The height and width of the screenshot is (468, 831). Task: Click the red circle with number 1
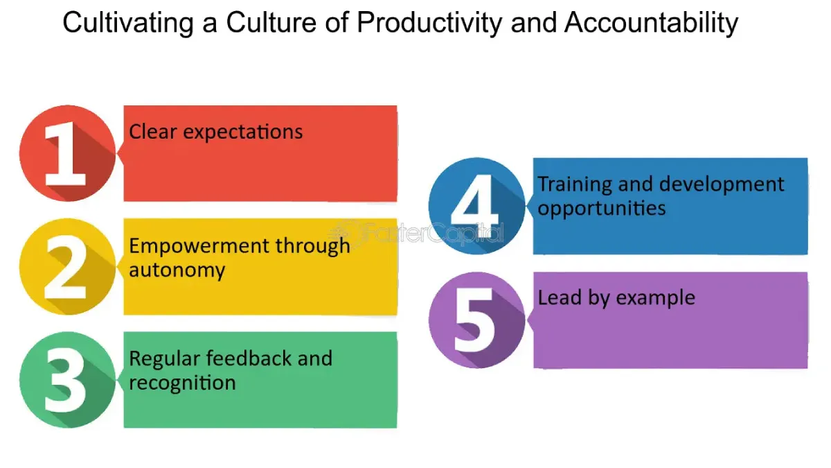point(67,153)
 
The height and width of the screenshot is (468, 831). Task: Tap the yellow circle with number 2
point(67,267)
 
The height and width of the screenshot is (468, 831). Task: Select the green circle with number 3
point(67,380)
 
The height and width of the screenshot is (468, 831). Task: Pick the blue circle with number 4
point(476,206)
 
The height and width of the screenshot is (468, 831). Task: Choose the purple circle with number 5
point(476,320)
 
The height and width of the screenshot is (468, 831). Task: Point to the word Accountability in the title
point(651,24)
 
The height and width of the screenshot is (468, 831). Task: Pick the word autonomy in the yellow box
point(177,270)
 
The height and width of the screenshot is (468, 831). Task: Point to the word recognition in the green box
point(182,383)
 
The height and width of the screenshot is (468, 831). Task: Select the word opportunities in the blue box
point(602,208)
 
